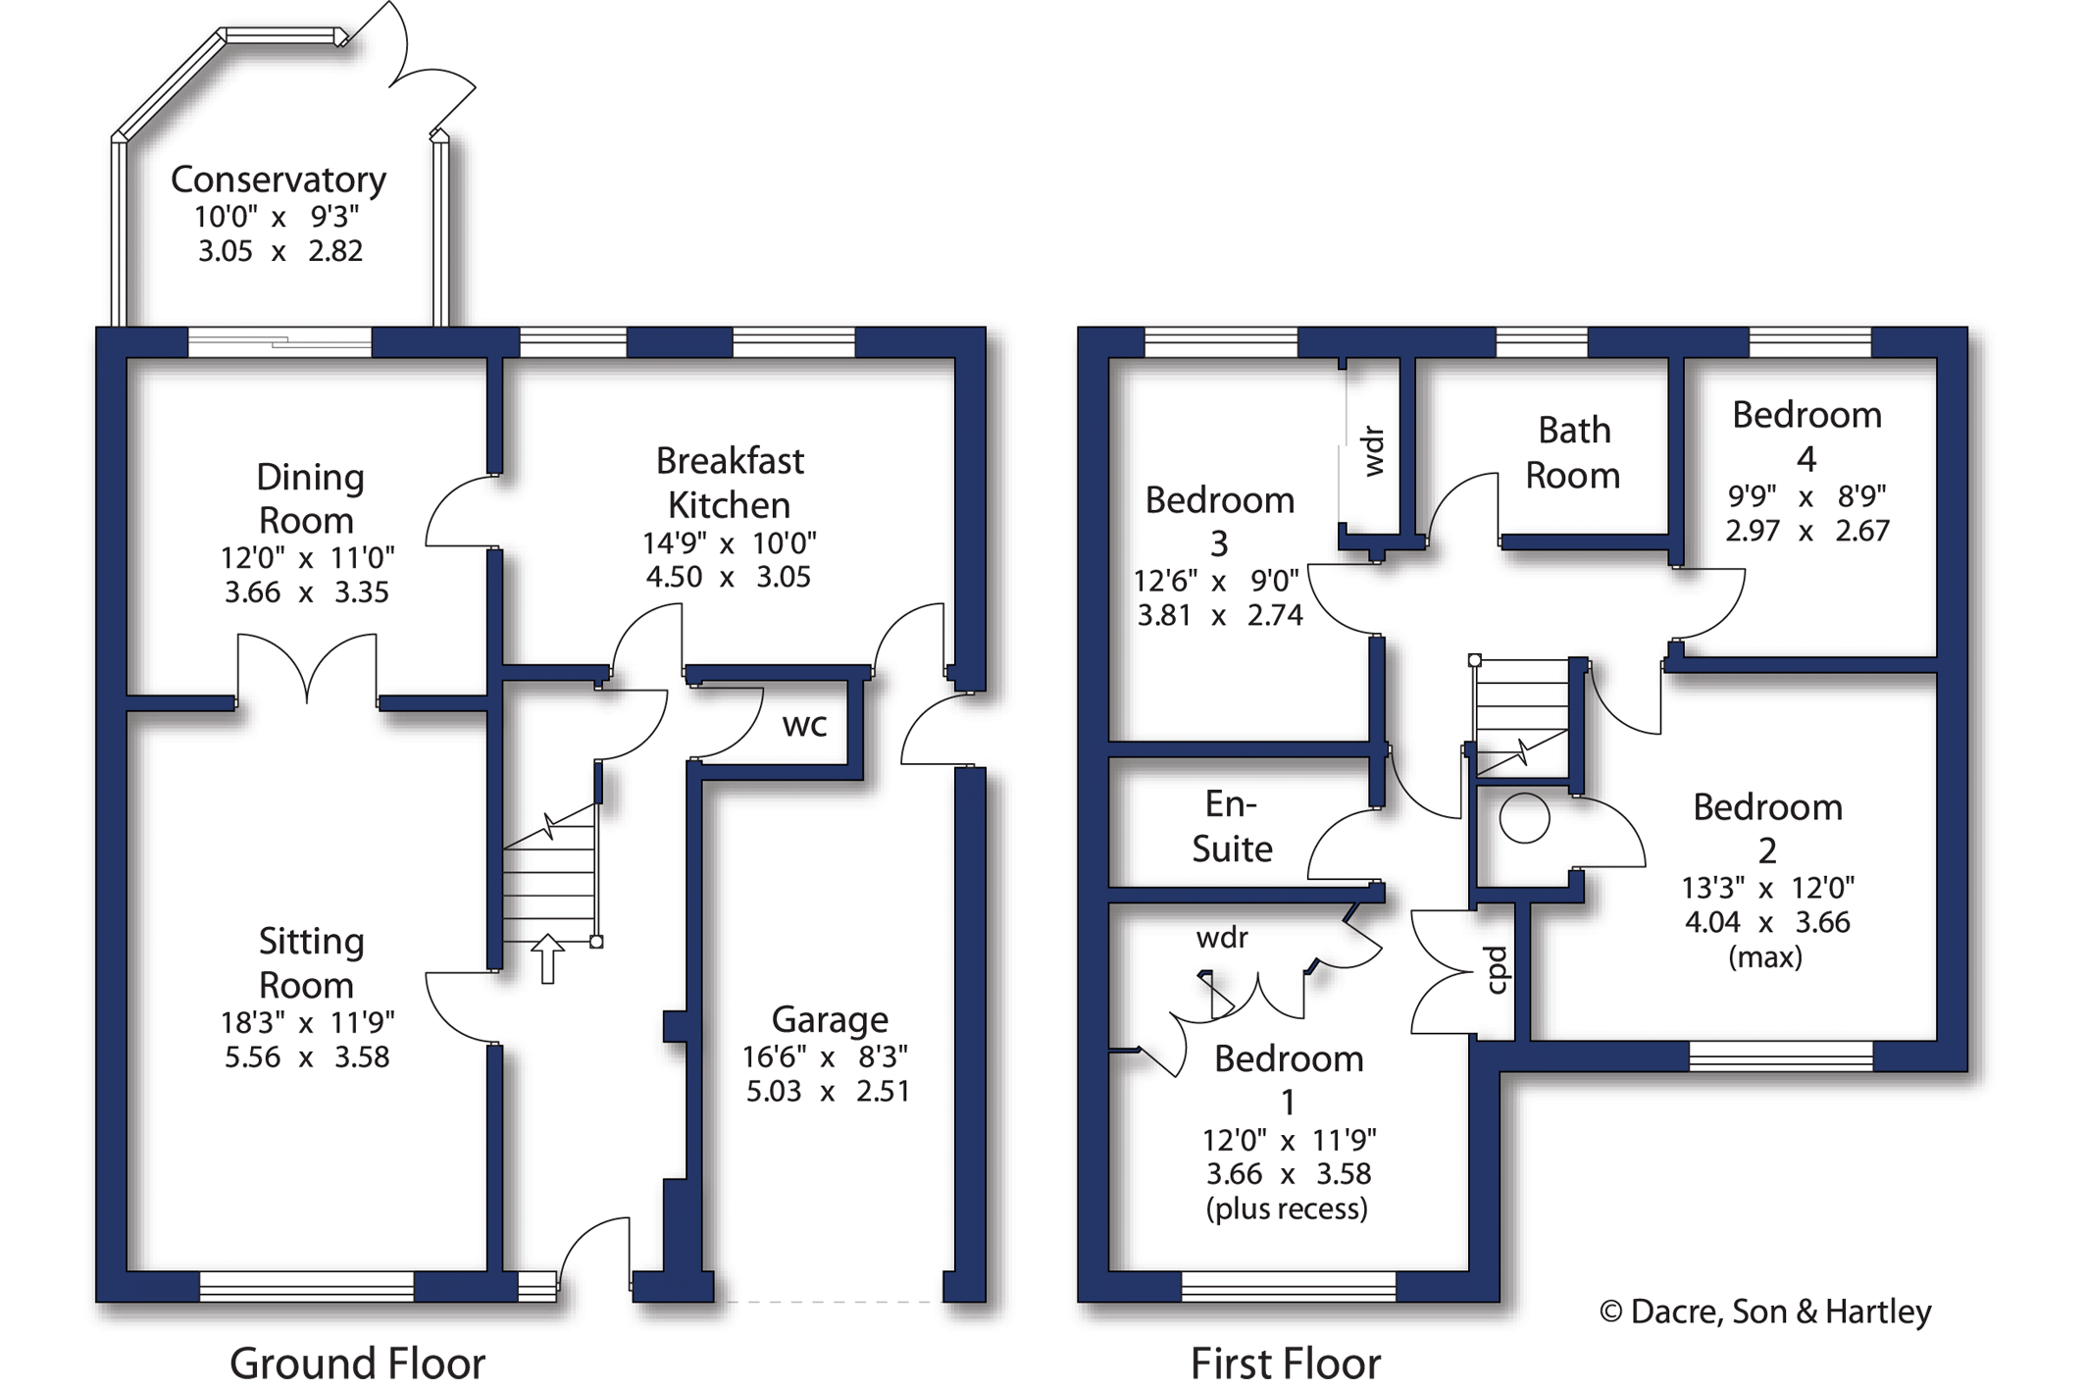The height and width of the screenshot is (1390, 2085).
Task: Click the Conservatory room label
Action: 279,180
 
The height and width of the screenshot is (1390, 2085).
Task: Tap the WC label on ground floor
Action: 804,725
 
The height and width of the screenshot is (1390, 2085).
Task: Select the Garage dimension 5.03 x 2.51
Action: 828,1091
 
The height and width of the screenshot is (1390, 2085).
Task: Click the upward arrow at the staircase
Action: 547,957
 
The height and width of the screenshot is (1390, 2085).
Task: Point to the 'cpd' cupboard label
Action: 1496,970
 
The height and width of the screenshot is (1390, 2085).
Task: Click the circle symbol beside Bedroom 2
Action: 1524,817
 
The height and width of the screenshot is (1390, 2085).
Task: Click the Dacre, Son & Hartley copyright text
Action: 1765,1312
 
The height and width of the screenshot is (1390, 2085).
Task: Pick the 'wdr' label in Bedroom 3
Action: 1374,451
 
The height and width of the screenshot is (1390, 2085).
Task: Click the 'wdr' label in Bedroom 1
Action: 1222,938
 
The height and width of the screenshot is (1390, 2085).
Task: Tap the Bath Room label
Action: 1573,452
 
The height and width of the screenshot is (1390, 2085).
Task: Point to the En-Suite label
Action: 1232,826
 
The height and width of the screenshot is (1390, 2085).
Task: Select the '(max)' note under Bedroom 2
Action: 1765,956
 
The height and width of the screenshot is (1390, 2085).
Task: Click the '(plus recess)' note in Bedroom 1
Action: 1287,1209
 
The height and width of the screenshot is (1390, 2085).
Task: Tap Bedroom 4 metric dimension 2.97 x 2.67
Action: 1806,531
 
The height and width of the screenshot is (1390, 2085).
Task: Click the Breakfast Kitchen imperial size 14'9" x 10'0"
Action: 729,542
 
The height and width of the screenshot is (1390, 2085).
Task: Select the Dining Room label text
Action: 309,498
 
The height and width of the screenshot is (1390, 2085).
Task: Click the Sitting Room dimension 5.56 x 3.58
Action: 307,1056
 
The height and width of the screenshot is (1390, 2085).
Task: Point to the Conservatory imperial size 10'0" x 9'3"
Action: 278,216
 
